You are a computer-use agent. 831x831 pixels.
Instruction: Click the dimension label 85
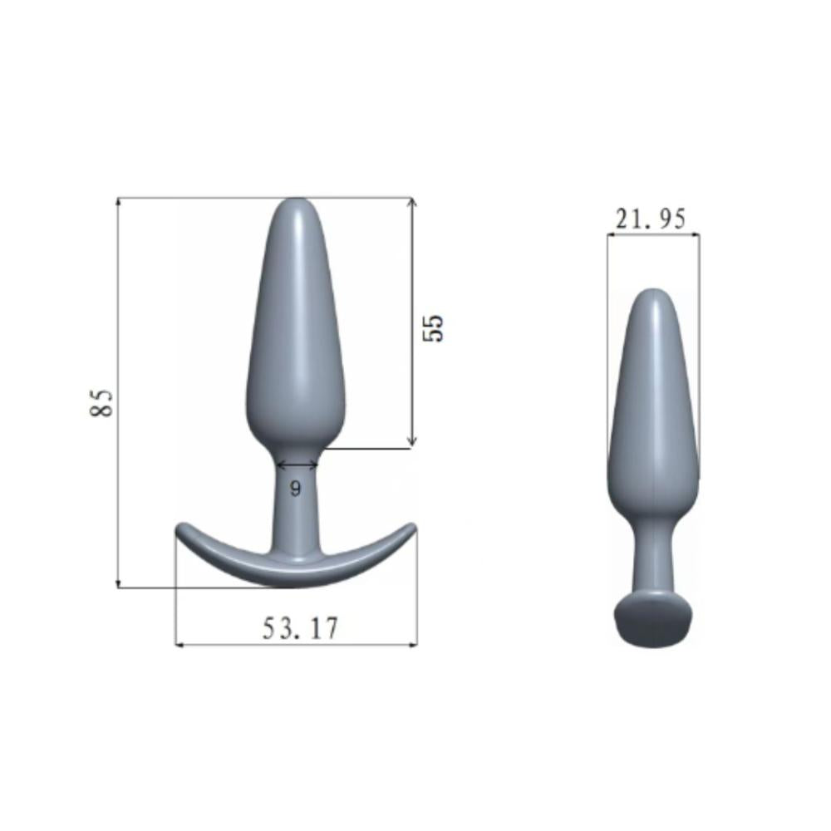coord(102,402)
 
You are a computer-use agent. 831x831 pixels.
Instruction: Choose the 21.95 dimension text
coord(651,219)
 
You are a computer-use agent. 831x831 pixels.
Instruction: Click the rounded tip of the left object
coord(296,204)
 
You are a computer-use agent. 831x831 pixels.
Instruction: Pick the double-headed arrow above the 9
coord(296,465)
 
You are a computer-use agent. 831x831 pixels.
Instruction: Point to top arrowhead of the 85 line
coord(119,201)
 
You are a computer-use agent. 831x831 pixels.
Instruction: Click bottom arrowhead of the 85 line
coord(119,584)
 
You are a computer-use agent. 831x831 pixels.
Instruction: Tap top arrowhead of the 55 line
coord(411,201)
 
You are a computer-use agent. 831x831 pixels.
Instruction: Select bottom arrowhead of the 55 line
coord(411,444)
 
